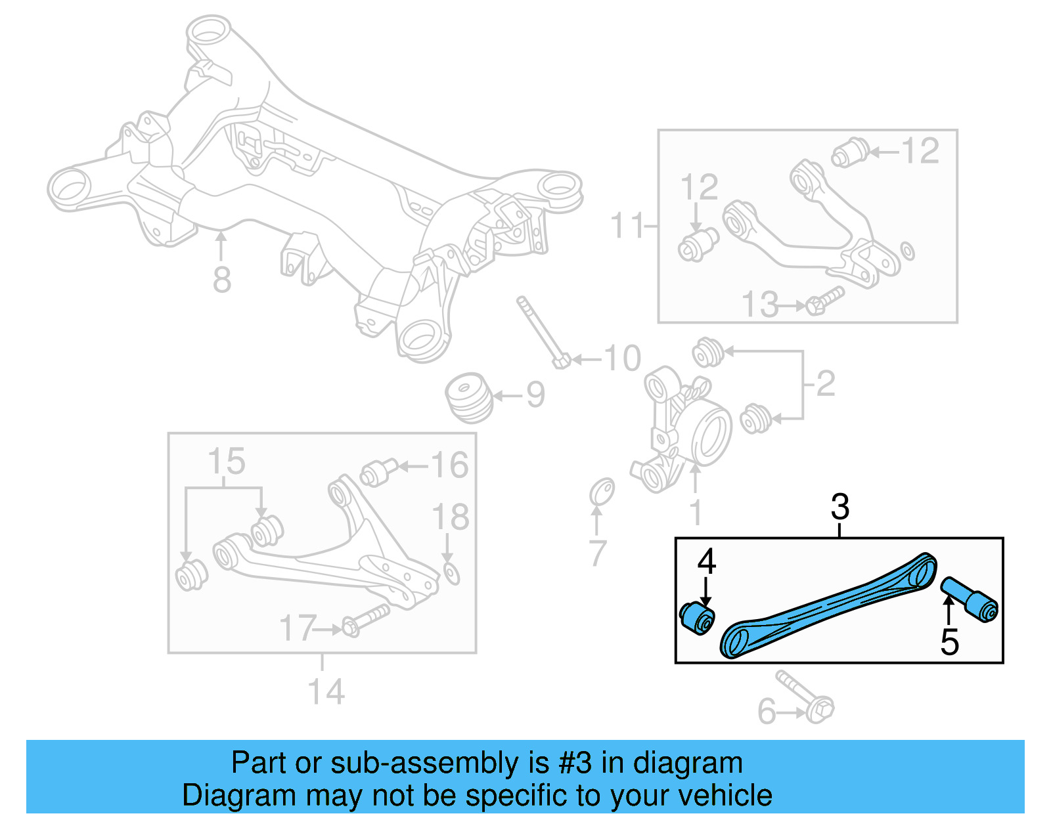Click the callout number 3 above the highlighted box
(839, 507)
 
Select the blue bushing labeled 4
(697, 617)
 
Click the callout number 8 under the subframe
(222, 280)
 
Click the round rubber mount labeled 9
(469, 397)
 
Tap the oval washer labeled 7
(602, 491)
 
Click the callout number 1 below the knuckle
(696, 512)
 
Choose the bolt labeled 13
(824, 301)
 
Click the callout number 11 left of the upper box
(627, 225)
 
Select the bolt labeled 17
(365, 620)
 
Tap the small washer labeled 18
(451, 573)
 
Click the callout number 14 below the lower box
(326, 692)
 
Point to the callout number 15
(226, 462)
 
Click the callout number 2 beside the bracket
(826, 383)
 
